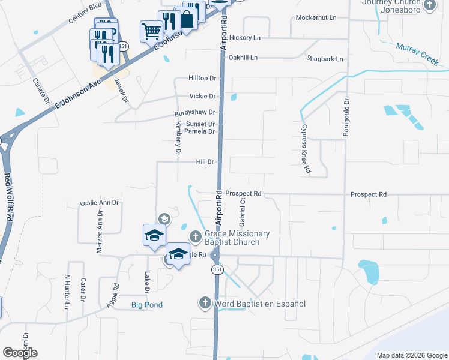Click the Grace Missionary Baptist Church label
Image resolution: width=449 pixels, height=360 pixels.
(237, 238)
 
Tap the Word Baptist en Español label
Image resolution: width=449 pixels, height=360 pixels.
(261, 304)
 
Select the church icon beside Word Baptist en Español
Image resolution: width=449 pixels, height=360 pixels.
(205, 303)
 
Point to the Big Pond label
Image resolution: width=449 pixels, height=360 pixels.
(147, 305)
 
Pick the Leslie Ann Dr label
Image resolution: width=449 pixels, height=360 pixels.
(100, 203)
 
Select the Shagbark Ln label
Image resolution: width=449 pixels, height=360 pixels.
(324, 59)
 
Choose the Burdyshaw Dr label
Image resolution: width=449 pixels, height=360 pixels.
(195, 113)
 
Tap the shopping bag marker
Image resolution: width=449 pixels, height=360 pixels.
(187, 19)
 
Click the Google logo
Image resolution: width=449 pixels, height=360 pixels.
(20, 353)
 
